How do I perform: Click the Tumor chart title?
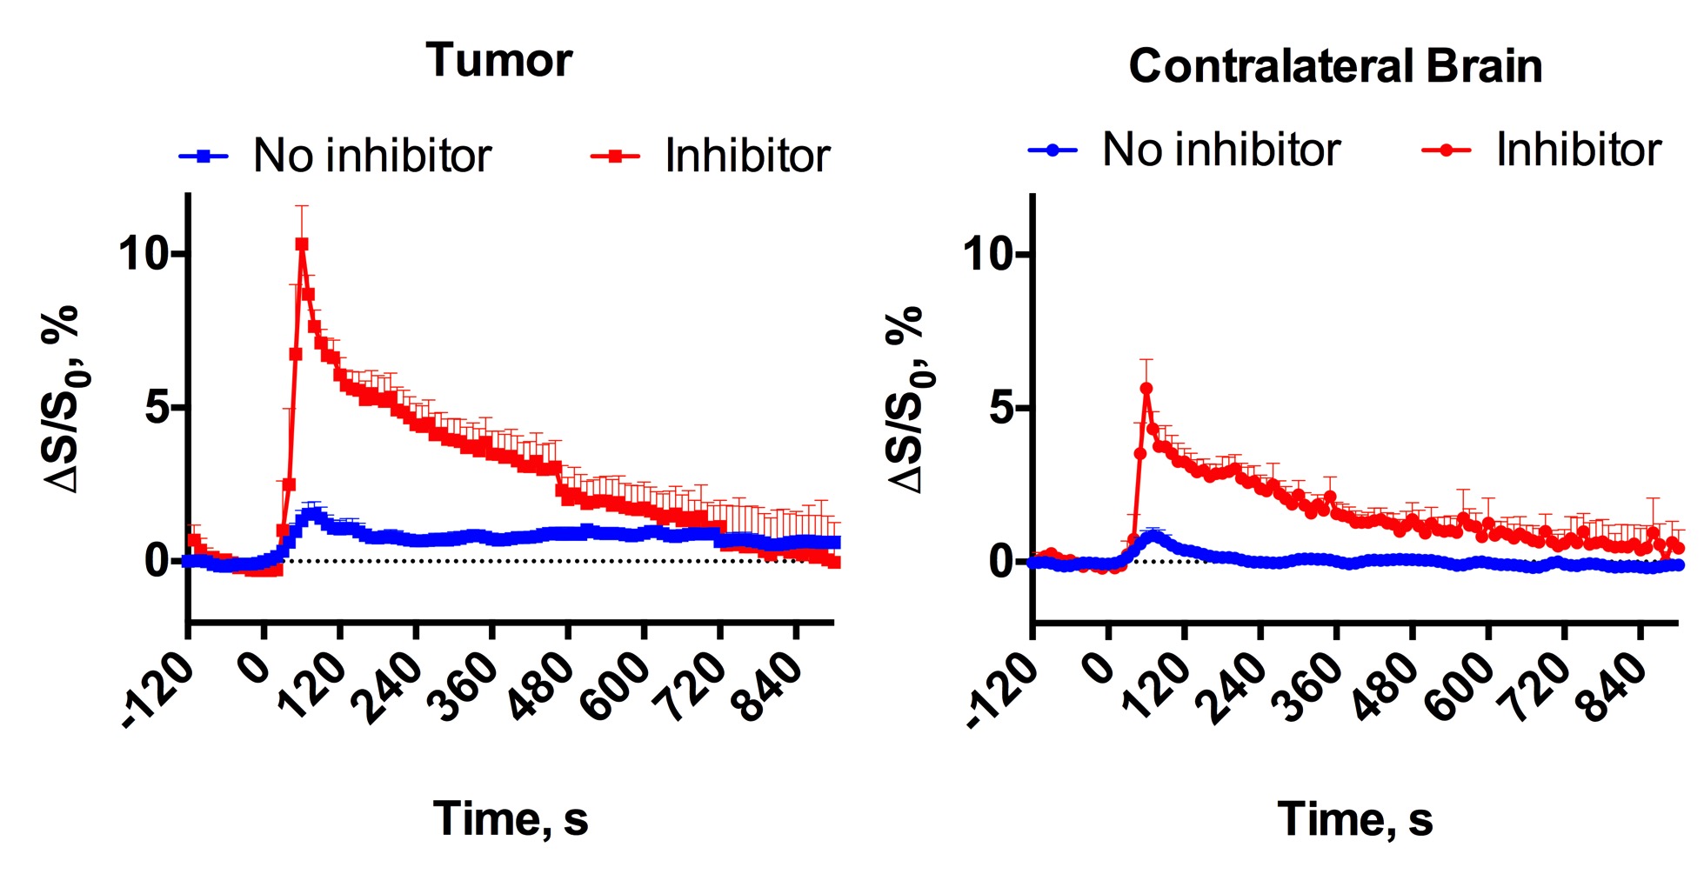click(498, 61)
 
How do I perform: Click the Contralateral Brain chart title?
click(1335, 66)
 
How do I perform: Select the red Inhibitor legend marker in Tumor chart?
click(615, 157)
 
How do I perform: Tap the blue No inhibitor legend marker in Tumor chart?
click(204, 157)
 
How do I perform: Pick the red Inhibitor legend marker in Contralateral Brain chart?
click(1446, 150)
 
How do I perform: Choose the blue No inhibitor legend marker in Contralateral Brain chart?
click(1052, 150)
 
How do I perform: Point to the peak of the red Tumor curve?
click(302, 245)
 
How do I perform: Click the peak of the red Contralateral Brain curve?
click(1146, 389)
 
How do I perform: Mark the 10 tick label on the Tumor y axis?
click(143, 254)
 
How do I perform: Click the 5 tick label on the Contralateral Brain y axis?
click(1002, 408)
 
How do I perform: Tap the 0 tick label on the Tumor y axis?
click(157, 560)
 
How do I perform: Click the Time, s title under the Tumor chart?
click(511, 818)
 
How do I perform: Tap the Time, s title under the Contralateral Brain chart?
click(1355, 819)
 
